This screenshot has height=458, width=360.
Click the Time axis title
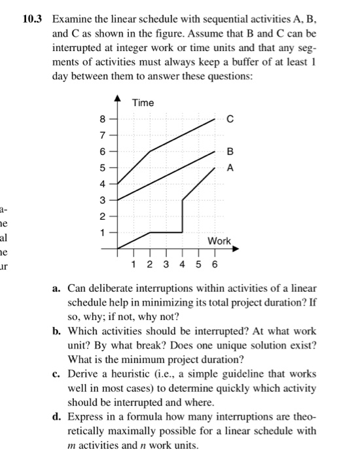click(143, 103)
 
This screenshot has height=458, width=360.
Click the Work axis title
click(219, 241)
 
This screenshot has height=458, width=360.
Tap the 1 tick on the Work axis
click(134, 264)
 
